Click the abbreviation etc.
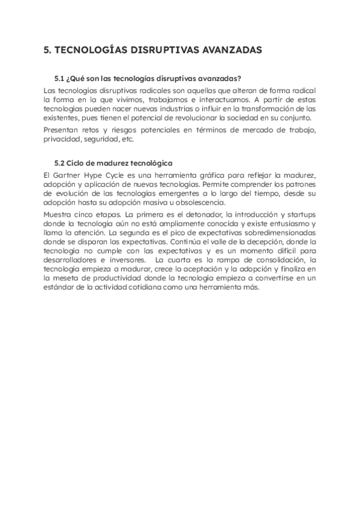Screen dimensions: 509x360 (127, 139)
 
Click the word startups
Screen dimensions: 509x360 (300, 214)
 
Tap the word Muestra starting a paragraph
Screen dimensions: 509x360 (61, 214)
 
